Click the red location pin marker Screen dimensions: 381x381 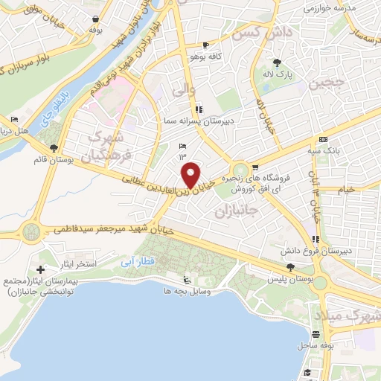[191, 175]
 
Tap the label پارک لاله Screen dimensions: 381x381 [281, 74]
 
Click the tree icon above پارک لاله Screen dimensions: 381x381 [278, 63]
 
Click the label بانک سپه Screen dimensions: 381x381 [327, 150]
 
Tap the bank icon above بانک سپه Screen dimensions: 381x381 [323, 139]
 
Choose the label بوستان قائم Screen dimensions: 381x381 [50, 160]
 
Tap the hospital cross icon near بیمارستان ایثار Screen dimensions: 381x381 [40, 268]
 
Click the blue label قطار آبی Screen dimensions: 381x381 [138, 263]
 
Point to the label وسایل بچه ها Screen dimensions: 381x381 [188, 292]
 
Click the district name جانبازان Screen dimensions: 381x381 [235, 213]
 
